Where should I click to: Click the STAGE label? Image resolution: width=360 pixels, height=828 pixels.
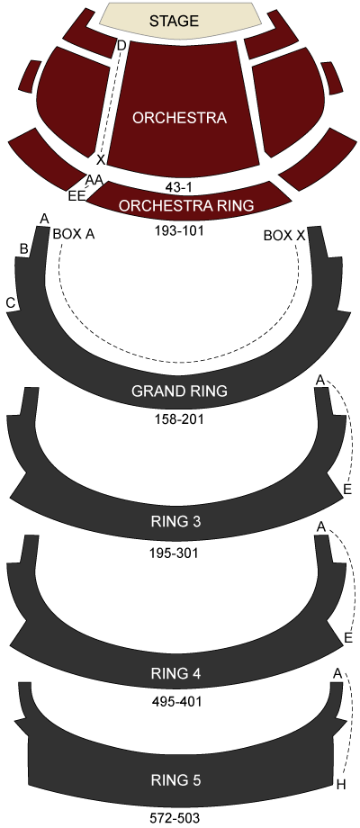pyautogui.click(x=174, y=21)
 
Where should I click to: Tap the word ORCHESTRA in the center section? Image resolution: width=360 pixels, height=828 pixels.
pyautogui.click(x=179, y=118)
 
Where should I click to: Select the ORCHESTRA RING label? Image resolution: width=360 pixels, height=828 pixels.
pyautogui.click(x=185, y=205)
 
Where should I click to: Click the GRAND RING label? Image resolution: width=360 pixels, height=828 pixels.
pyautogui.click(x=179, y=391)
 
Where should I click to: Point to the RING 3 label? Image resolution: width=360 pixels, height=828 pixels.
pyautogui.click(x=179, y=522)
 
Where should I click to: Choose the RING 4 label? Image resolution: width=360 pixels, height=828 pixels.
pyautogui.click(x=179, y=673)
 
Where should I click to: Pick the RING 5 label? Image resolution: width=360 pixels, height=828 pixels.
pyautogui.click(x=179, y=780)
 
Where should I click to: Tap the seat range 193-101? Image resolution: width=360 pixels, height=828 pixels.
pyautogui.click(x=179, y=230)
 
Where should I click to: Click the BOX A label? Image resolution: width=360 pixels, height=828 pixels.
pyautogui.click(x=74, y=235)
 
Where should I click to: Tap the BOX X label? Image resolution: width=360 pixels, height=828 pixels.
pyautogui.click(x=284, y=236)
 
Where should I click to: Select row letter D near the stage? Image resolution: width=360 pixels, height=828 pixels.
pyautogui.click(x=121, y=46)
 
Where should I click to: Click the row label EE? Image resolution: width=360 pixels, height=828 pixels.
pyautogui.click(x=76, y=196)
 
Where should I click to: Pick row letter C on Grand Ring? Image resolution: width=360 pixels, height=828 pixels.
pyautogui.click(x=10, y=303)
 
